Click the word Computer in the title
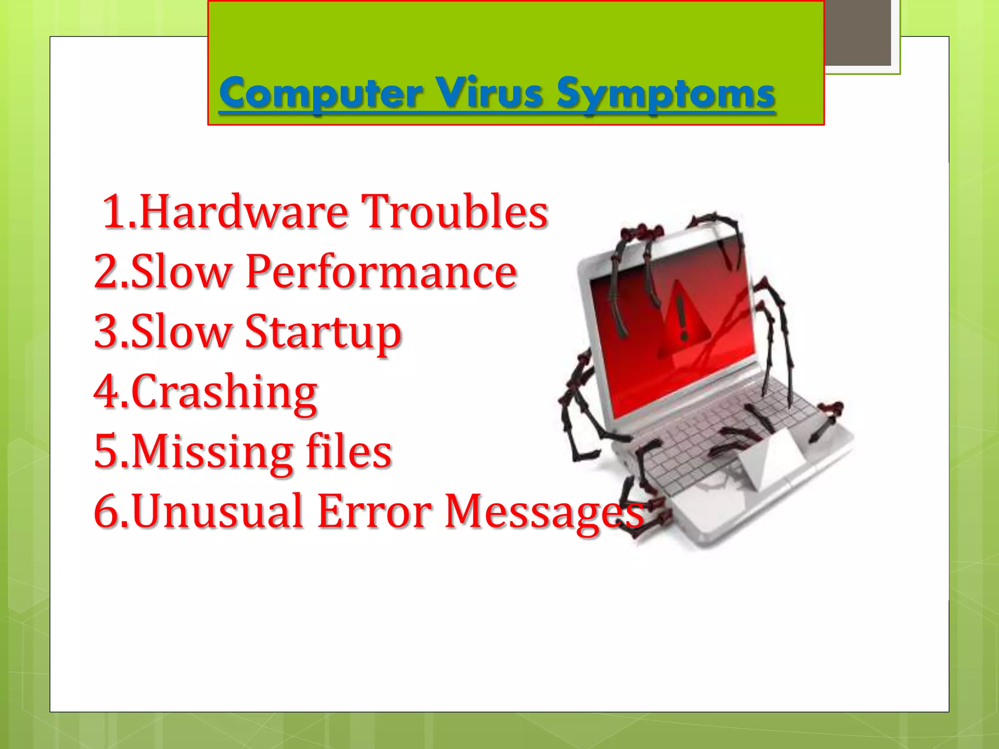(320, 94)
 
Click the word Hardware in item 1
(244, 212)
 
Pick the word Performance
(381, 272)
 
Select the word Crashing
(224, 393)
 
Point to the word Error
(375, 511)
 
